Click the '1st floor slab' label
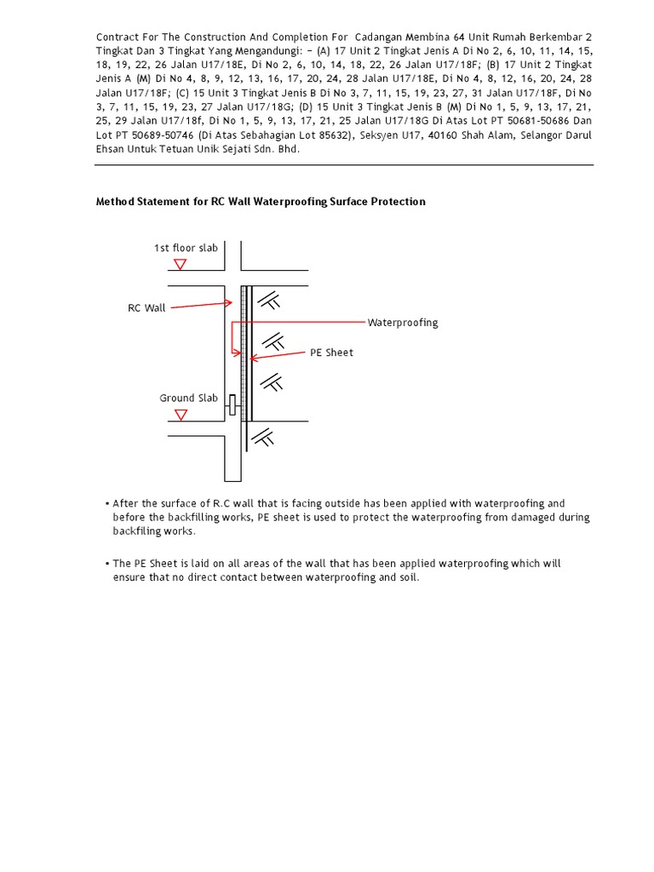coord(185,248)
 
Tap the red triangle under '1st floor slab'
coord(180,265)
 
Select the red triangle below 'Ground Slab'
coord(180,415)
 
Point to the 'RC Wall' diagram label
coord(146,308)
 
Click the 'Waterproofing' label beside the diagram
coord(403,323)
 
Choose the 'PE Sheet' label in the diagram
coord(331,353)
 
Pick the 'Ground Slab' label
coord(188,398)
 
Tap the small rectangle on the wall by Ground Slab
coord(232,404)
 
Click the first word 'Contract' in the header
coord(116,37)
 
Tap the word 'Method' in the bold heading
coord(115,202)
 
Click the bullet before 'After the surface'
coord(107,504)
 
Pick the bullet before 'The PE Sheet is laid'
coord(107,564)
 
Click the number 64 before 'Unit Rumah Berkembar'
coord(459,37)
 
